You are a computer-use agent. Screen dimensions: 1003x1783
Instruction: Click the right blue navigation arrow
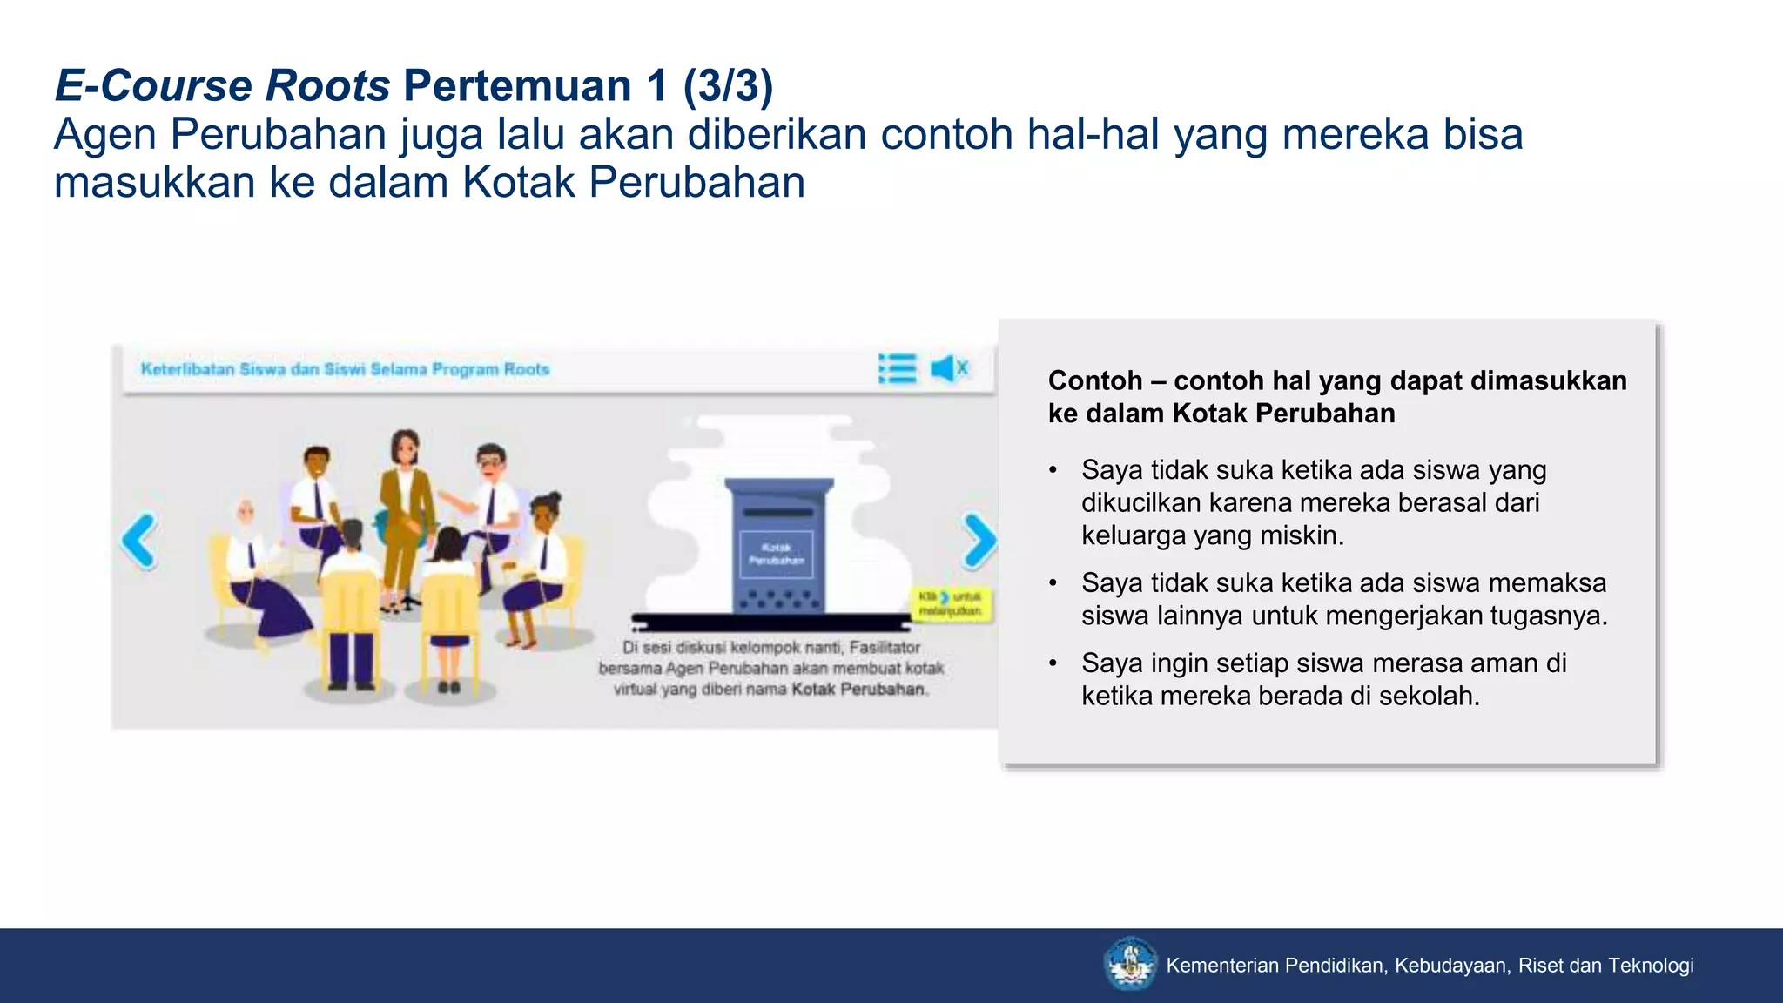coord(979,541)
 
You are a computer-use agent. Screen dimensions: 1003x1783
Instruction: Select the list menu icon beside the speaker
coord(898,368)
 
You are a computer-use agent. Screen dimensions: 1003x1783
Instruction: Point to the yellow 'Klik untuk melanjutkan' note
coord(951,603)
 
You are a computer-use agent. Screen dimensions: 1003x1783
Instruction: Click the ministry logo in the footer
coord(1130,964)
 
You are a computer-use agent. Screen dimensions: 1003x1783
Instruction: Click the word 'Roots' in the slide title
coord(327,85)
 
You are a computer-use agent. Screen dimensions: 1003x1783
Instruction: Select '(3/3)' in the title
coord(728,85)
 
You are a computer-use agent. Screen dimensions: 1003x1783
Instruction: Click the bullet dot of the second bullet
coord(1053,582)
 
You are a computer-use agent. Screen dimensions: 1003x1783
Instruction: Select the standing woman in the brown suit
coord(404,505)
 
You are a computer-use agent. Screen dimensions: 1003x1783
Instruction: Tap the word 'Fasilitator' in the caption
coord(885,647)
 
